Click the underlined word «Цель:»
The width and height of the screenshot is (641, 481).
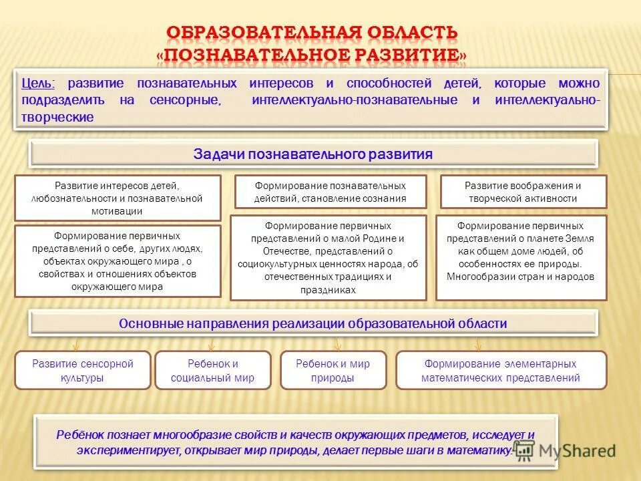point(38,83)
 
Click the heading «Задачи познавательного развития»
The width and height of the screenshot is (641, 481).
point(313,154)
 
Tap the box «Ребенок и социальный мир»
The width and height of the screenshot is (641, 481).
point(213,370)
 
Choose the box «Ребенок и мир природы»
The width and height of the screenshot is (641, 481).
point(333,370)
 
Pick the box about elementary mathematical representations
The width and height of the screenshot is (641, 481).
point(501,370)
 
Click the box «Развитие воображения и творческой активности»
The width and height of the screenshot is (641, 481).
point(523,192)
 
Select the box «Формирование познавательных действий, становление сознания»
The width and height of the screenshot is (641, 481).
point(330,192)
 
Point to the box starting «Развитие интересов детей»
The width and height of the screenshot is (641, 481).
point(117,198)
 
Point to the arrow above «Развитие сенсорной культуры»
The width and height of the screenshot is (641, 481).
point(76,344)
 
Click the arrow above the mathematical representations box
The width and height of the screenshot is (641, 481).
point(477,344)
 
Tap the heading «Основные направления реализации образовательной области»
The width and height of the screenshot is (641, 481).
point(313,323)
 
